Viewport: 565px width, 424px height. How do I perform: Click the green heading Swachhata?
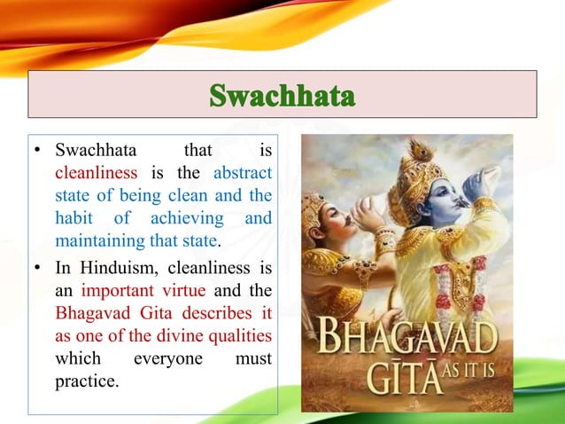click(x=282, y=95)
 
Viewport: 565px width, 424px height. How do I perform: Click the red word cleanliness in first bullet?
click(x=96, y=171)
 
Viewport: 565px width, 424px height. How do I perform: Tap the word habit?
click(x=74, y=217)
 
